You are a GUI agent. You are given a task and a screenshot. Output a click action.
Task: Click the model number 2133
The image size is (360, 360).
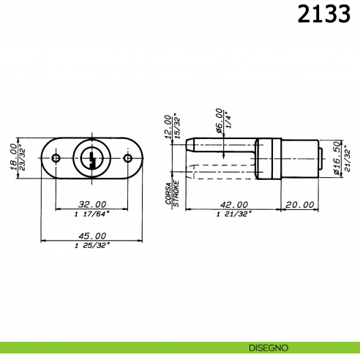(x=323, y=15)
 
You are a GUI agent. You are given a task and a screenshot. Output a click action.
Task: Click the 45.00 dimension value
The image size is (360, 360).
(x=91, y=236)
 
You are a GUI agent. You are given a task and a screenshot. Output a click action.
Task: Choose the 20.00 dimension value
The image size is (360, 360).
(x=299, y=205)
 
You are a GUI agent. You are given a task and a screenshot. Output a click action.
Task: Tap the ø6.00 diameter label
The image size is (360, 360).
(x=219, y=120)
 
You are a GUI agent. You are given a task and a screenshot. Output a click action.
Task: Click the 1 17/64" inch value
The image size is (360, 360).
(x=91, y=214)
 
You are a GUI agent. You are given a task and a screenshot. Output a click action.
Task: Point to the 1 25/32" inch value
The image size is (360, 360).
(x=91, y=245)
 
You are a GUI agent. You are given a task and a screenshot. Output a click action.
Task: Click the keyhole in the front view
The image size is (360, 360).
(x=91, y=157)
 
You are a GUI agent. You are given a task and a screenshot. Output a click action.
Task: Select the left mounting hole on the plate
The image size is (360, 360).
(x=56, y=157)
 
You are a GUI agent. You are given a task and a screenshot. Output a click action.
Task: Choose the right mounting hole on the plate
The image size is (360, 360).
(x=127, y=157)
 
